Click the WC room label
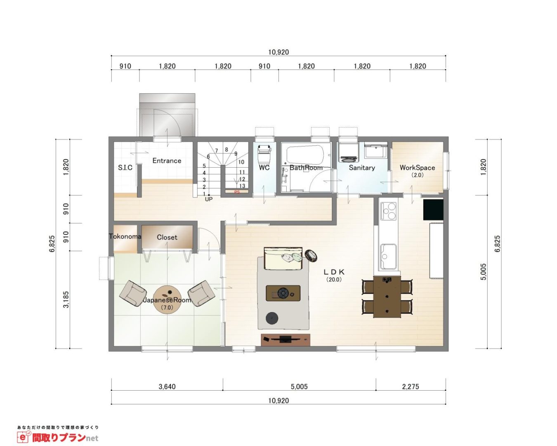click(x=264, y=168)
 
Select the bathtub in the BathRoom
click(x=305, y=155)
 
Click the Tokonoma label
click(x=125, y=236)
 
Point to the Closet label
click(x=167, y=237)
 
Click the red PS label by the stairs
click(x=237, y=192)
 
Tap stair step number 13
click(x=242, y=186)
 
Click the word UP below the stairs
click(x=209, y=199)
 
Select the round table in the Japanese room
click(x=166, y=300)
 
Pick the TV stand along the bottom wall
click(x=286, y=340)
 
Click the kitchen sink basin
click(x=388, y=256)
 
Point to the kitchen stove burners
click(x=388, y=211)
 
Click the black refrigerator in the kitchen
click(x=433, y=209)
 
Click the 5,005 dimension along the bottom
click(x=299, y=387)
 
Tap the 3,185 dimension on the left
click(x=66, y=299)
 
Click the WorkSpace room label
click(x=417, y=168)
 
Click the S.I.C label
click(x=125, y=168)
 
